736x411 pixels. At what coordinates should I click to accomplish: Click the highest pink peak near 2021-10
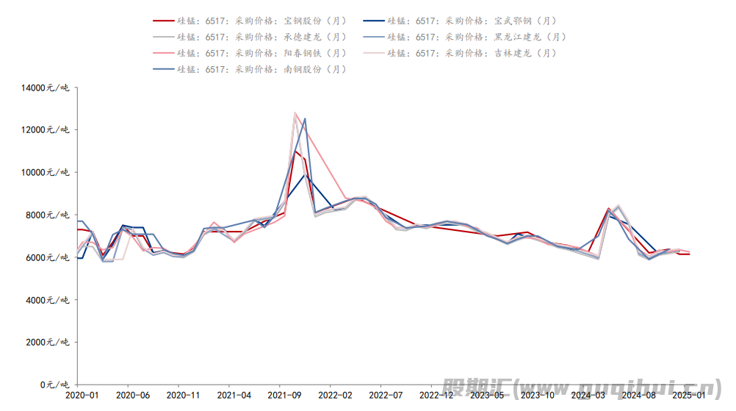click(x=295, y=113)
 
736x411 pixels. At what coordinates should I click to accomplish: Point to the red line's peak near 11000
click(x=295, y=151)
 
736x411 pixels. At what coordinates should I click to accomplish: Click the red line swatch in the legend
click(x=163, y=21)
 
